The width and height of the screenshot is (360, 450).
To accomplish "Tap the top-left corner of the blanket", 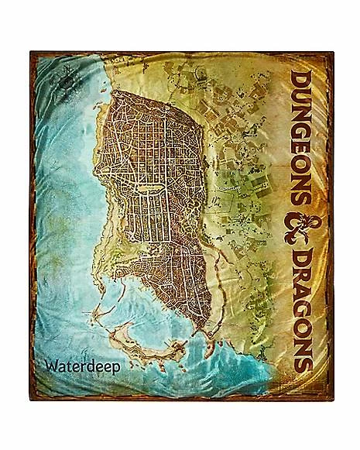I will [33, 53].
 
